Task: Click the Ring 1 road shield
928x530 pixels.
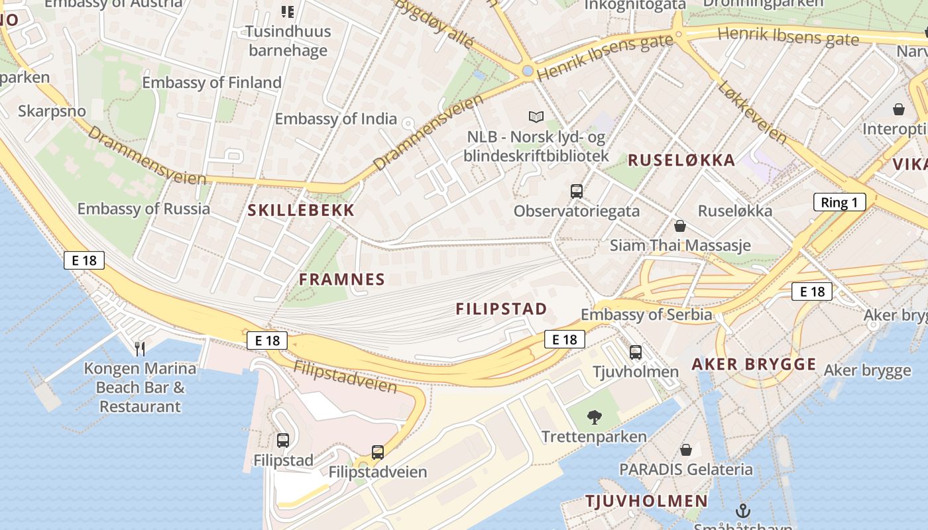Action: click(x=839, y=202)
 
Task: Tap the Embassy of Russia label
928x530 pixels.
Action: click(x=143, y=209)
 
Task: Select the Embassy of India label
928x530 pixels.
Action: click(x=335, y=119)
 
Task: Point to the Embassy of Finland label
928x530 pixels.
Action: click(x=211, y=83)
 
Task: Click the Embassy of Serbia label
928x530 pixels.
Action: click(x=646, y=315)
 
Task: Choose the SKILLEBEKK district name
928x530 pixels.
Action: click(x=301, y=211)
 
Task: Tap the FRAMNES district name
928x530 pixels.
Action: click(x=341, y=280)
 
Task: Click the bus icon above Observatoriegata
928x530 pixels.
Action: click(x=577, y=191)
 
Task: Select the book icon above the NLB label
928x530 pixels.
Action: click(x=536, y=117)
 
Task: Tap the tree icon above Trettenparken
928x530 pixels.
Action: click(x=594, y=417)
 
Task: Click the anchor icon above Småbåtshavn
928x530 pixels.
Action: click(x=742, y=510)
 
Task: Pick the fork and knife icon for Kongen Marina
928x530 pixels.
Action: click(x=140, y=348)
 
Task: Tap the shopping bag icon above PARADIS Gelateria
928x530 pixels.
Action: click(x=686, y=450)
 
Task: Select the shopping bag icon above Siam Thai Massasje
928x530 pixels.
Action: click(x=679, y=226)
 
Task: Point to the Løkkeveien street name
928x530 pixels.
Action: click(x=752, y=112)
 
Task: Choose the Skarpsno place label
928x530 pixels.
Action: click(x=52, y=111)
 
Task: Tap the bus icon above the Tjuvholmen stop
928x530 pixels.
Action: click(x=635, y=352)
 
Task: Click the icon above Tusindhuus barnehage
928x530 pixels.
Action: click(x=287, y=11)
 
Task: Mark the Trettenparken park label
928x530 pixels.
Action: click(x=594, y=437)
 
